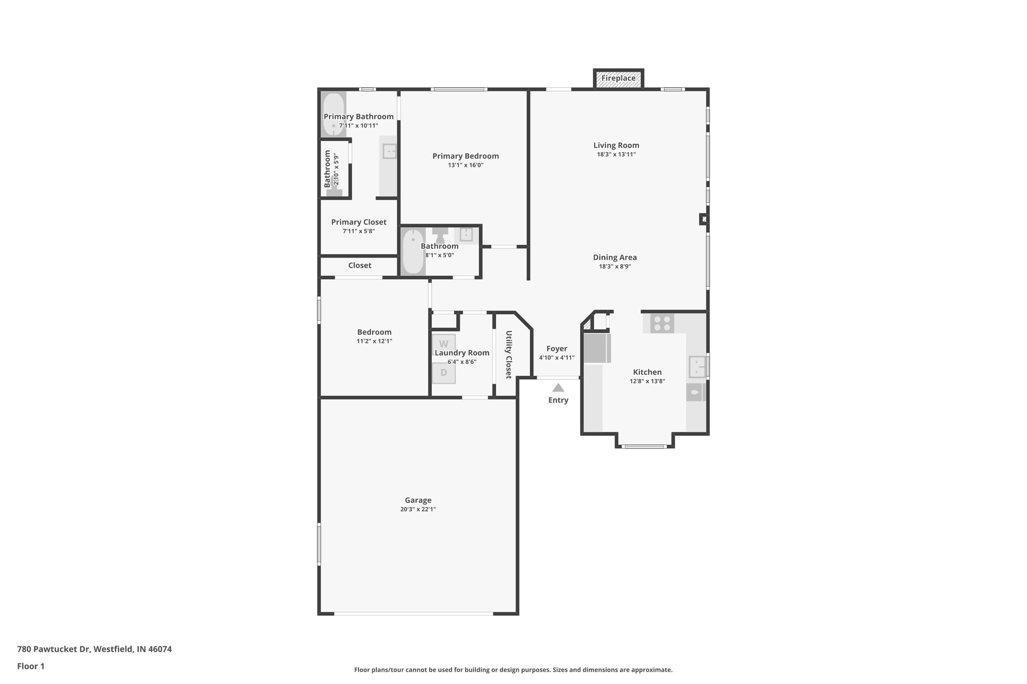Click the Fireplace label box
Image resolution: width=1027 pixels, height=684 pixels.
click(x=618, y=79)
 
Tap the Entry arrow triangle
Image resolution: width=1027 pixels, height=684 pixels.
click(x=558, y=388)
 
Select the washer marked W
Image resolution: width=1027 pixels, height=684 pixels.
click(x=444, y=344)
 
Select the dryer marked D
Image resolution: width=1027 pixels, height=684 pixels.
click(x=444, y=373)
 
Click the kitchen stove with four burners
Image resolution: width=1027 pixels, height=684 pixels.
click(x=662, y=323)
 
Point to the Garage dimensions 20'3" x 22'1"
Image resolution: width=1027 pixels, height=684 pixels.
click(x=418, y=509)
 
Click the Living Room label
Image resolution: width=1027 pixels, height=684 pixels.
click(x=616, y=145)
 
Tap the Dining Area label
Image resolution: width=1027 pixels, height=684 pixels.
click(x=615, y=258)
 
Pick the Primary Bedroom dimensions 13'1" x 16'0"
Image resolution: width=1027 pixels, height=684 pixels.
click(x=465, y=165)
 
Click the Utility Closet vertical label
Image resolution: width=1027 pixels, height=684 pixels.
click(x=508, y=354)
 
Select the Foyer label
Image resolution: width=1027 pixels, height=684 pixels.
click(x=557, y=349)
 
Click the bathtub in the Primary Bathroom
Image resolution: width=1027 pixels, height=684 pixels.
click(x=333, y=114)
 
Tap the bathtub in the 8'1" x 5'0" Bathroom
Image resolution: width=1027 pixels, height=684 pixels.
click(x=413, y=252)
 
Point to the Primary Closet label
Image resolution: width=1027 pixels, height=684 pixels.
click(x=359, y=222)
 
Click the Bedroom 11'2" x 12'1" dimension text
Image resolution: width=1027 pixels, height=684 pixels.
click(x=374, y=341)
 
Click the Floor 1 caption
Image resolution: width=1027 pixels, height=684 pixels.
click(x=31, y=666)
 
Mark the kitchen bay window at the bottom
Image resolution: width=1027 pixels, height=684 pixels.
click(x=644, y=445)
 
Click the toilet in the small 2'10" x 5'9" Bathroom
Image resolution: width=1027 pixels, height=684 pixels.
click(x=334, y=190)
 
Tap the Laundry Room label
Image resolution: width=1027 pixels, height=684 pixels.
click(x=462, y=353)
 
